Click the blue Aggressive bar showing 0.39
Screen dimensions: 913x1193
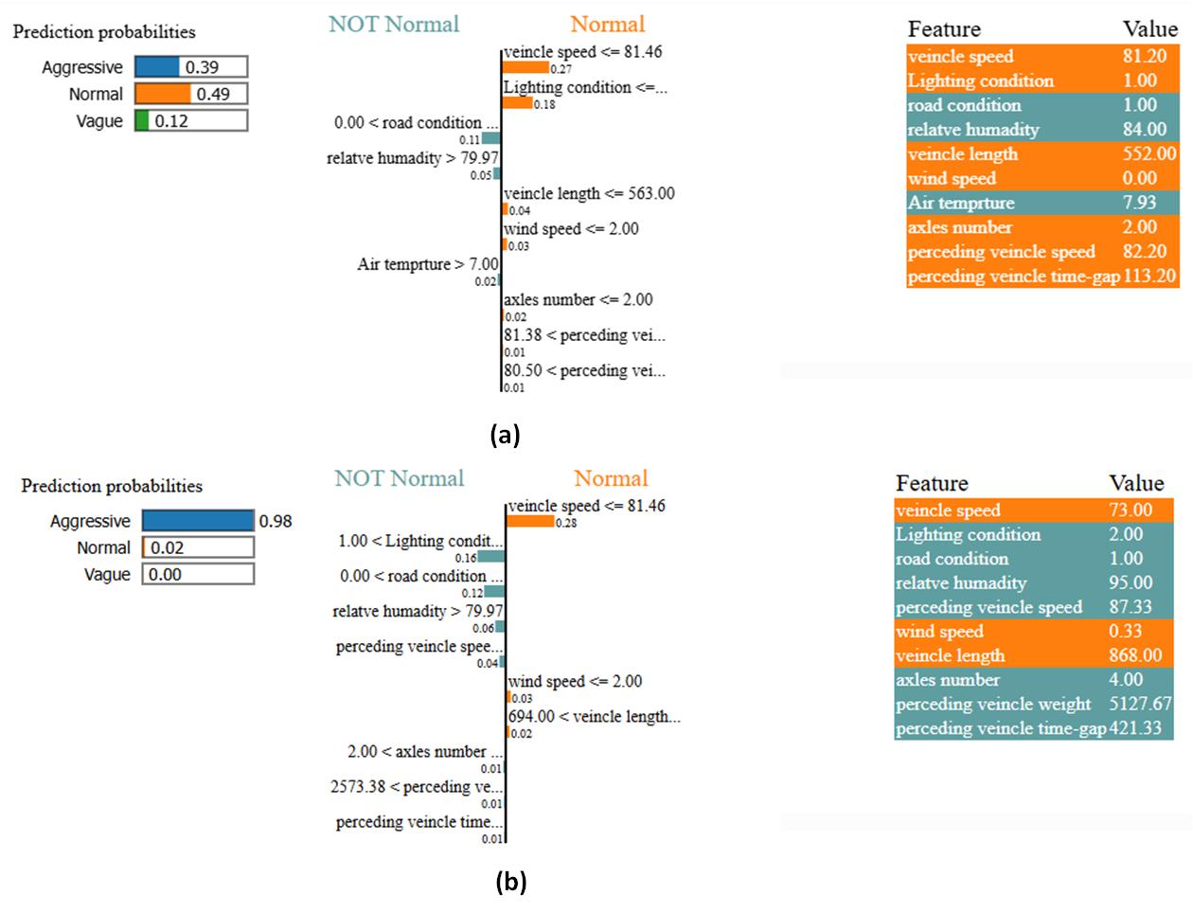click(157, 66)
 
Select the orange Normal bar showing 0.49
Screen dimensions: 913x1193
click(163, 94)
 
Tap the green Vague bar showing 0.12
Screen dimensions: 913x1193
click(142, 120)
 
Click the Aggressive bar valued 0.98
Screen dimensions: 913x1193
click(198, 521)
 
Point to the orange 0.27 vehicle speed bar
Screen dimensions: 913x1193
click(525, 68)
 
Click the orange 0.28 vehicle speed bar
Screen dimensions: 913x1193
click(531, 522)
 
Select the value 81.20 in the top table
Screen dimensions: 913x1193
click(1144, 56)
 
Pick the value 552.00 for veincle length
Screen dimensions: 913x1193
click(1148, 153)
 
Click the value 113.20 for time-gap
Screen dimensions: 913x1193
click(1149, 276)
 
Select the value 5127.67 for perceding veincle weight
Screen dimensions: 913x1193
click(1140, 704)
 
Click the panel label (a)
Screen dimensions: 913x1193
click(506, 435)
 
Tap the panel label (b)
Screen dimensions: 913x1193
click(510, 882)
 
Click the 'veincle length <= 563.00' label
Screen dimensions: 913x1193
click(589, 193)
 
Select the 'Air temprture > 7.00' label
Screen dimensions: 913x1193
click(428, 264)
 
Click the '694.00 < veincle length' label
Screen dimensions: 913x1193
click(594, 717)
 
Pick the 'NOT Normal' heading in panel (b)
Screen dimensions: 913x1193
click(399, 478)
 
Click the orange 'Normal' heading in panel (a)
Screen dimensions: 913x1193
click(607, 25)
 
